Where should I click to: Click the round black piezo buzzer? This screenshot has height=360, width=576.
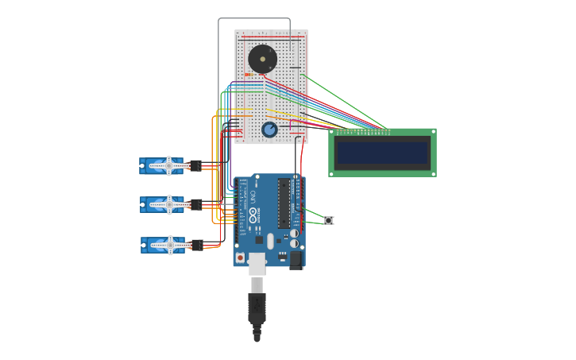click(262, 59)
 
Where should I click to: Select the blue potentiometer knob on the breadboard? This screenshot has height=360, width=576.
click(270, 130)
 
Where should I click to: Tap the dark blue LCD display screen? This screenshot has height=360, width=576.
click(382, 153)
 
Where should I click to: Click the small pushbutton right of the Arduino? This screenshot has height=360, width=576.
click(328, 220)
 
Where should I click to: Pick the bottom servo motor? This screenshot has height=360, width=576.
click(164, 244)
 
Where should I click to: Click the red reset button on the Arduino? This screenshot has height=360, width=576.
click(240, 257)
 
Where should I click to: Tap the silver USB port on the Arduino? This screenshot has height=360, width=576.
click(257, 264)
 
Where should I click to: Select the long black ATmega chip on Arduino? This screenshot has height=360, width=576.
click(284, 203)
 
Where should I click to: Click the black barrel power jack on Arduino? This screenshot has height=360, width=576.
click(296, 259)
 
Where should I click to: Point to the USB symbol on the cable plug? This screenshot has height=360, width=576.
click(257, 304)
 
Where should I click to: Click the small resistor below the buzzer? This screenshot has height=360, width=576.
click(249, 75)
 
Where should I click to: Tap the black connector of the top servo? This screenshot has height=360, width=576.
click(195, 165)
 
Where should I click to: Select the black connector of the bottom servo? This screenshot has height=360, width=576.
click(196, 245)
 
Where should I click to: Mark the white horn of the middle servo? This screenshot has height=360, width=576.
click(168, 204)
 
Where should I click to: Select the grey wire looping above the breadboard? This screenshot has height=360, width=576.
click(254, 18)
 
